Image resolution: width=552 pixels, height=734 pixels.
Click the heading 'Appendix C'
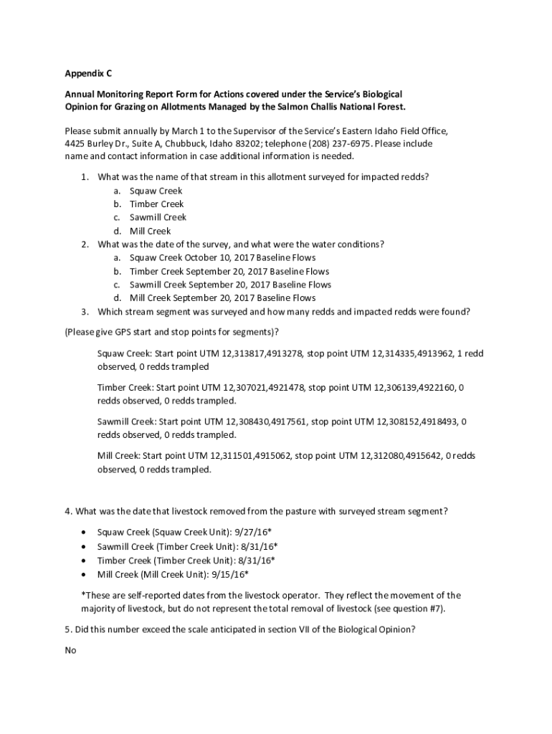tap(88, 74)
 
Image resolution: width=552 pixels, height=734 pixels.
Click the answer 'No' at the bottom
tap(70, 651)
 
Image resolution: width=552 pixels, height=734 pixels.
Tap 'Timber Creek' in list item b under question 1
tap(156, 204)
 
